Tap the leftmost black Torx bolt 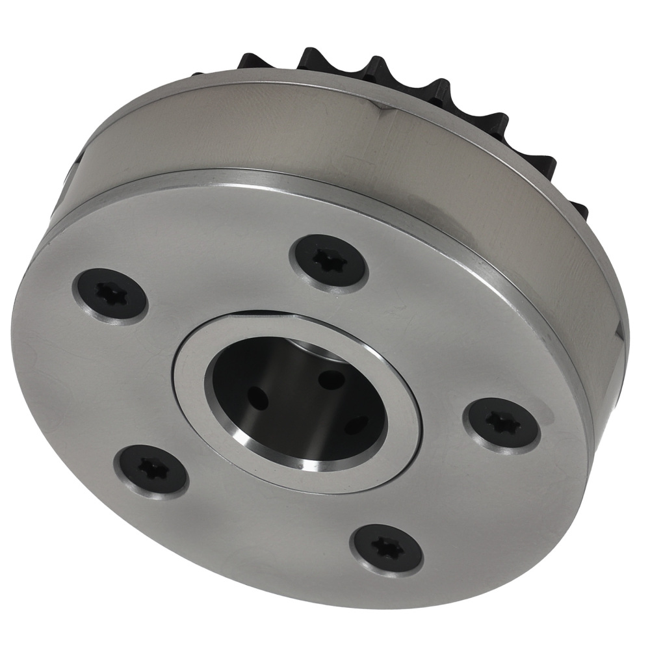click(109, 294)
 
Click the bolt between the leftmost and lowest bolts click(151, 468)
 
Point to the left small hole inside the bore click(258, 396)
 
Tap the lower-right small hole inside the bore click(356, 425)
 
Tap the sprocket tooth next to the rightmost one click(543, 162)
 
